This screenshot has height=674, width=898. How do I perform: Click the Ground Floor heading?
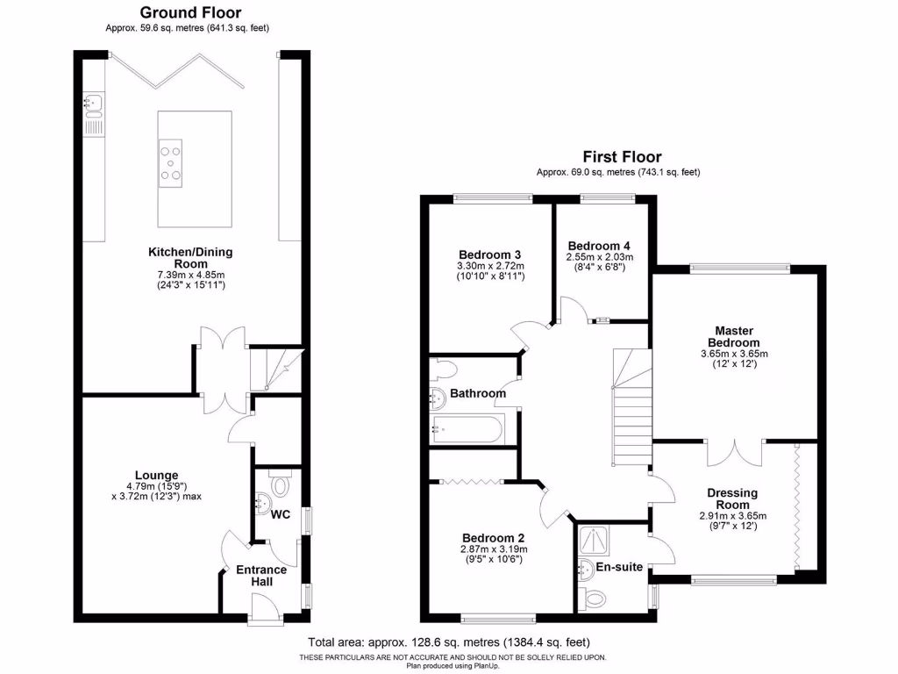point(187,12)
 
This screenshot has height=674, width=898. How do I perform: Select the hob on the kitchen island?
point(172,162)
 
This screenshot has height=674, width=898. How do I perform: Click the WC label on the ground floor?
point(280,513)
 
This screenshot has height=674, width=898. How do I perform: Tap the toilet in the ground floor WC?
point(281,484)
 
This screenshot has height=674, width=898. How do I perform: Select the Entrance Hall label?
point(261,576)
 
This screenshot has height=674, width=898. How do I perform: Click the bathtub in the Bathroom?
point(466,430)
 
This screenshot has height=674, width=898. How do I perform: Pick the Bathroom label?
point(478,394)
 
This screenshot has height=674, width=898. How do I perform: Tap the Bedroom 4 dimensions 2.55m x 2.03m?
point(600,257)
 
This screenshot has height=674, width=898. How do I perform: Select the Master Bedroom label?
point(735,336)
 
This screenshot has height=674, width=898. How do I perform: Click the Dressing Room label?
point(732,498)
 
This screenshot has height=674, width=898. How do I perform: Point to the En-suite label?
point(621,568)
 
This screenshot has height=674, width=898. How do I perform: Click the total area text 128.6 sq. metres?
point(449,642)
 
